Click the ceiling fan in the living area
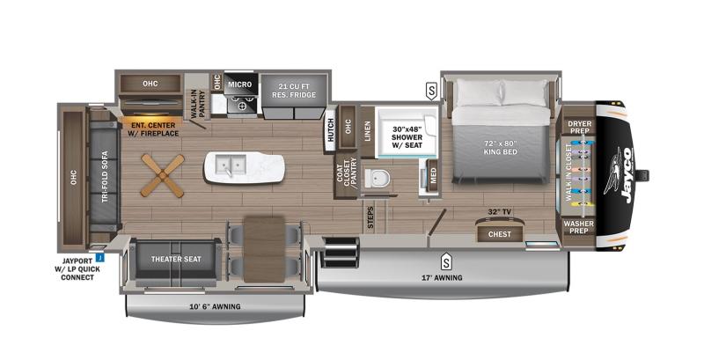pos(163,173)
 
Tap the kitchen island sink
pos(233,165)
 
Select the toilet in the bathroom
pos(379,178)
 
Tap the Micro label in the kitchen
pos(240,84)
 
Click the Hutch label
pos(330,130)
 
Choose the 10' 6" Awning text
pos(215,306)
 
